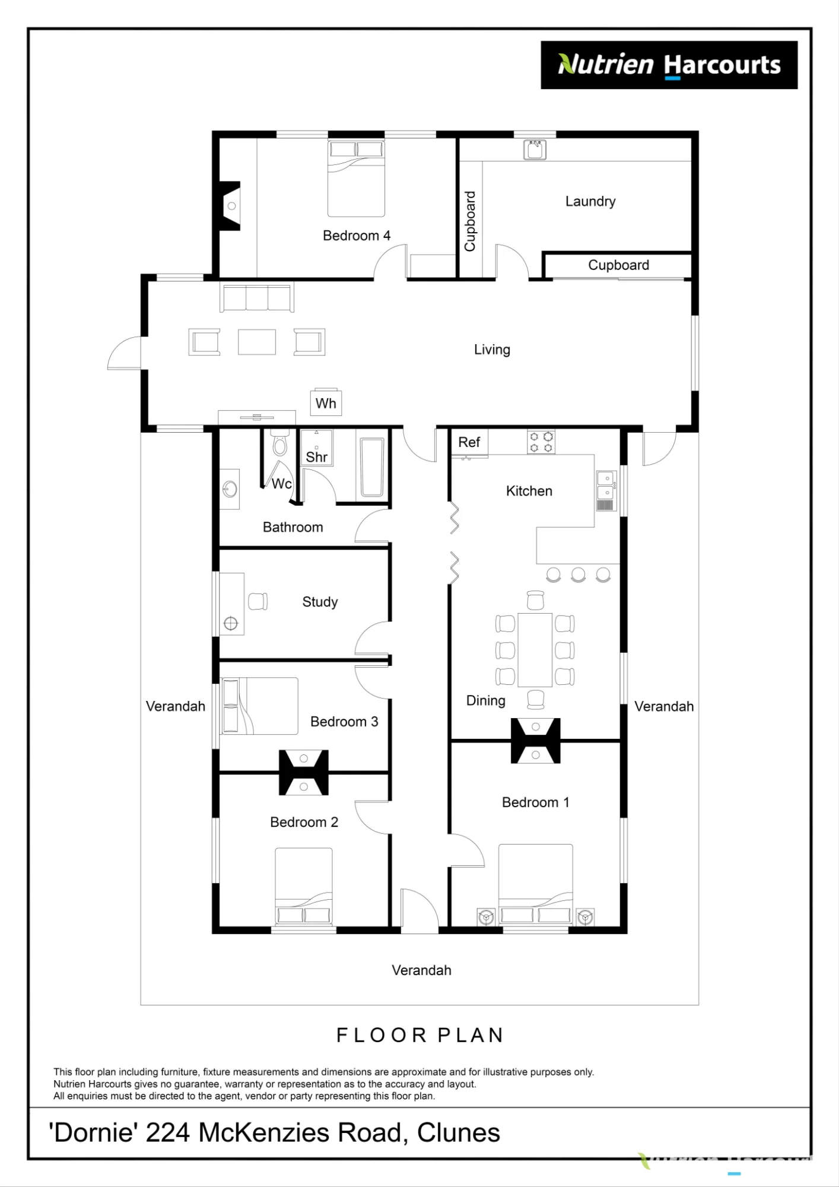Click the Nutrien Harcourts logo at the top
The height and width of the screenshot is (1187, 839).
coord(669,65)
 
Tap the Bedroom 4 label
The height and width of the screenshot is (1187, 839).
coord(357,236)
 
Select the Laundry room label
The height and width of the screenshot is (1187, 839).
coord(590,202)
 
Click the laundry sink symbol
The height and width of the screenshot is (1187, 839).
coord(535,150)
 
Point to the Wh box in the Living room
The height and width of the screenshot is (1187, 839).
coord(326,404)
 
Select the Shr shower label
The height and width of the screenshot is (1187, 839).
coord(316,457)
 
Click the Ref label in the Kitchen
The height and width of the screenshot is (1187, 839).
coord(469,442)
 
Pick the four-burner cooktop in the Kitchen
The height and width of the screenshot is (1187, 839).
coord(541,442)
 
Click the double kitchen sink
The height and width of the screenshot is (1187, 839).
coord(606,491)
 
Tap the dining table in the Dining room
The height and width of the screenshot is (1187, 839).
coord(535,650)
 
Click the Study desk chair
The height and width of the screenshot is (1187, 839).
coord(258,601)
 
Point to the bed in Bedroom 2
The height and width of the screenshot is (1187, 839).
coord(304,886)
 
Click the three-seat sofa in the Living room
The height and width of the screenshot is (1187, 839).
coord(257,297)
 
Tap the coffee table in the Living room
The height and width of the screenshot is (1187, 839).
coord(257,342)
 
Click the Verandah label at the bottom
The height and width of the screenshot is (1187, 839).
coord(421,970)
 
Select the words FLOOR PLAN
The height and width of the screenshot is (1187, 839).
coord(420,1036)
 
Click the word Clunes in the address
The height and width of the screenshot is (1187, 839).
coord(459,1133)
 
